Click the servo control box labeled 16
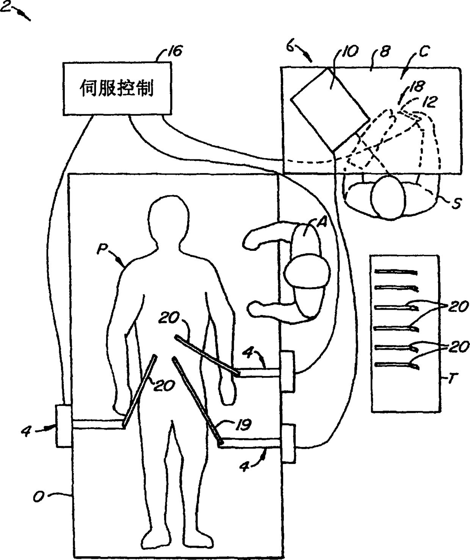pos(117,89)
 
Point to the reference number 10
pos(349,52)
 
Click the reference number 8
pos(384,52)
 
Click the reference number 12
pos(431,101)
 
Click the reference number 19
pos(243,425)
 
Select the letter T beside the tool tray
pos(451,379)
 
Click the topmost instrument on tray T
pos(396,272)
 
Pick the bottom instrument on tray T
pos(396,365)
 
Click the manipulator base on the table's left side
pos(63,426)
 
